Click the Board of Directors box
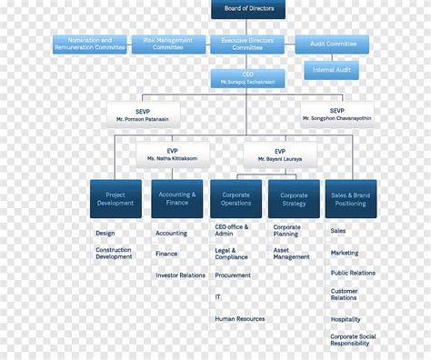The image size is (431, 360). pos(248,10)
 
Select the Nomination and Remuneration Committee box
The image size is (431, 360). pos(89,44)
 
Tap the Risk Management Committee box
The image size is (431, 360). pos(168,44)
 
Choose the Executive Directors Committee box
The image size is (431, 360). pos(248,44)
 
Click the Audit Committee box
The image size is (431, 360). pos(332,44)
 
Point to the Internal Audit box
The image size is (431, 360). pos(332,70)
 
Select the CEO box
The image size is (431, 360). pos(248,78)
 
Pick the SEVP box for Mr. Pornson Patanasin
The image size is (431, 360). pos(143,115)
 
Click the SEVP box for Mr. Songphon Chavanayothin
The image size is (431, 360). pos(336,115)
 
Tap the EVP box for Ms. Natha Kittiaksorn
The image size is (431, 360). pos(172,155)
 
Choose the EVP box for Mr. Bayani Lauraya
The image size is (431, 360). pos(279,155)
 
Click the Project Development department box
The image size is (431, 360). pos(115,198)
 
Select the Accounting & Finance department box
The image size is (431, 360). pos(176,198)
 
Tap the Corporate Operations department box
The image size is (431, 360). pos(236,198)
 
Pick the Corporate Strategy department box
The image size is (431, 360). pos(294,198)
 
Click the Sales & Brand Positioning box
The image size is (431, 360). pos(351,198)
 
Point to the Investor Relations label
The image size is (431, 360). pos(180,275)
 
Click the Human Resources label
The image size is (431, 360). pos(240,319)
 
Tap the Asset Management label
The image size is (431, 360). pos(292,253)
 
